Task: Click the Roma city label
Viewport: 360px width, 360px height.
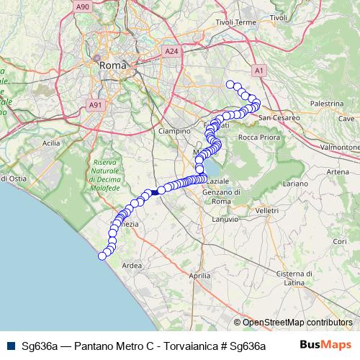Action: (x=112, y=65)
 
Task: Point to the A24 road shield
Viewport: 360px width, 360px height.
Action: (x=171, y=52)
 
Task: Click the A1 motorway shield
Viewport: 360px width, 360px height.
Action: (x=258, y=70)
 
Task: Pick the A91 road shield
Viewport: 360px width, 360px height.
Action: (x=94, y=105)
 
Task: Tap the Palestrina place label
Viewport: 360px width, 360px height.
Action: (x=327, y=104)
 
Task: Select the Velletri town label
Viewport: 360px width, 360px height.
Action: (x=266, y=210)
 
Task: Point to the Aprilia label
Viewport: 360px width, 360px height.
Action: (x=199, y=276)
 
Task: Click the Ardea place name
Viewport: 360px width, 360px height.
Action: (x=132, y=266)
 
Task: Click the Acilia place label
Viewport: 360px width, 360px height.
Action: (x=51, y=143)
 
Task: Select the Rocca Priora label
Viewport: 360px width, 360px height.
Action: (x=257, y=137)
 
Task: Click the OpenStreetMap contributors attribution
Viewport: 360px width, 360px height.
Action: (x=297, y=322)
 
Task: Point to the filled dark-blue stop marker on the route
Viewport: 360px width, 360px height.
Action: (x=154, y=192)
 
